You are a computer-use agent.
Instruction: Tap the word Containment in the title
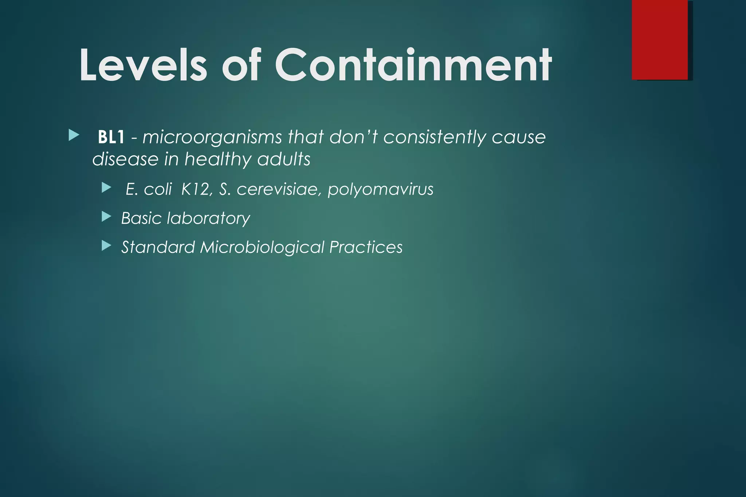413,65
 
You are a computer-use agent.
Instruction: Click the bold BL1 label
111,138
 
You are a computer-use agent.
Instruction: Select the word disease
125,159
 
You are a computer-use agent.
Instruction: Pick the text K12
195,189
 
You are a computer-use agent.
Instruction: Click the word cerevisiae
277,189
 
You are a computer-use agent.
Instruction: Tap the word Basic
141,218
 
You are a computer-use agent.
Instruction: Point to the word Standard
158,247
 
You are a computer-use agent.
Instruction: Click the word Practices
366,247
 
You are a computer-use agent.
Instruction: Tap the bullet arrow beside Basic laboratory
106,217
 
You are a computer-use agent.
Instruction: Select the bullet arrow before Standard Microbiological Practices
106,246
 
